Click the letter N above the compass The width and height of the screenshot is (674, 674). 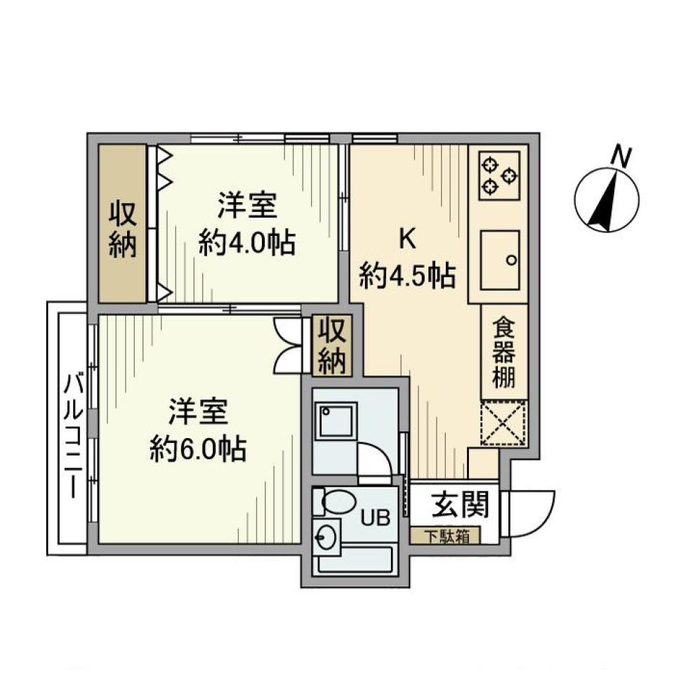click(x=620, y=157)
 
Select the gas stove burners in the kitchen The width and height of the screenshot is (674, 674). click(x=500, y=176)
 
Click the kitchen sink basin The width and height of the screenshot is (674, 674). click(x=500, y=257)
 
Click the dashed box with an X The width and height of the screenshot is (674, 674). click(x=503, y=423)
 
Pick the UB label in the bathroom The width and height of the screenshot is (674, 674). click(x=376, y=519)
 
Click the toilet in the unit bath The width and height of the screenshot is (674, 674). click(x=334, y=502)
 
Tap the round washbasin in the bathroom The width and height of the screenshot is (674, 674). click(x=326, y=539)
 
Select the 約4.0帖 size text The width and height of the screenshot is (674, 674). click(x=246, y=244)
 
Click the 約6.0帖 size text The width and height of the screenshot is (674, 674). click(x=197, y=448)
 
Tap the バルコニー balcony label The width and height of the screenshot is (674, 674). click(x=71, y=435)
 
